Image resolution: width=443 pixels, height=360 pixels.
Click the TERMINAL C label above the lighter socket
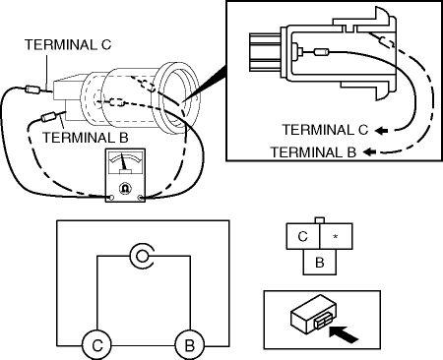point(68,45)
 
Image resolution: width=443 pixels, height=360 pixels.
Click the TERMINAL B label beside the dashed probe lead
point(86,138)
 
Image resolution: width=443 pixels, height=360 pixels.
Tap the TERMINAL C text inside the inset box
point(325,130)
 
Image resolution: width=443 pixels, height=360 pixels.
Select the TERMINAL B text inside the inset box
point(313,152)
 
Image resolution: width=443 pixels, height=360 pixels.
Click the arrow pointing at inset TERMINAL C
point(381,131)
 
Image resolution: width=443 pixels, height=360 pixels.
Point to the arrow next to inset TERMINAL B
point(369,151)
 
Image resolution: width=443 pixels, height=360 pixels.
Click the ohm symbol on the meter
point(125,188)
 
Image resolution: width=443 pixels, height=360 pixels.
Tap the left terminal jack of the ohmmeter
point(111,198)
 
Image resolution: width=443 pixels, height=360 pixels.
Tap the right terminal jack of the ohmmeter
point(141,198)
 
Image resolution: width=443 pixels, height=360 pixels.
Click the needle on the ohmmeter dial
point(124,162)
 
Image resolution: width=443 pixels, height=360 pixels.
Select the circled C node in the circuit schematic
point(97,345)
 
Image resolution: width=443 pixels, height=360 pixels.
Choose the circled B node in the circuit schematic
point(189,345)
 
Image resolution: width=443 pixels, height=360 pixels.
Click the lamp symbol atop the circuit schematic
point(142,256)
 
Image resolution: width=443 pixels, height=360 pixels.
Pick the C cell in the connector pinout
point(303,236)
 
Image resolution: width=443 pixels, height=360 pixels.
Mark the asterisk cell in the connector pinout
point(336,236)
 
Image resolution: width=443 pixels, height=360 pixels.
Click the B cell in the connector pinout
point(320,262)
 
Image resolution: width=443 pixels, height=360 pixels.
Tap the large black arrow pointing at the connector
point(343,334)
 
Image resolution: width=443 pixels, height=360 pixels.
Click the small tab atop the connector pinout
point(320,220)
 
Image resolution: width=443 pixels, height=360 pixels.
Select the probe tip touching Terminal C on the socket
point(32,90)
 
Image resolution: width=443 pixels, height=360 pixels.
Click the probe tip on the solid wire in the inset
point(322,52)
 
